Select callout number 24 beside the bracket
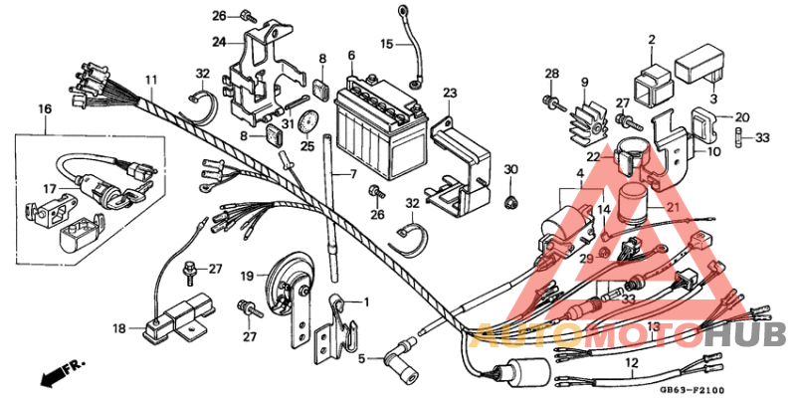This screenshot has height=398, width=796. (x=219, y=41)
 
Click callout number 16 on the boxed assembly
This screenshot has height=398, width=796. (x=45, y=107)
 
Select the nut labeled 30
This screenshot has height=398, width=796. (x=511, y=203)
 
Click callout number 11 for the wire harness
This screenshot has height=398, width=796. (x=150, y=79)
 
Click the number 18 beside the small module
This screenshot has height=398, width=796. (x=119, y=327)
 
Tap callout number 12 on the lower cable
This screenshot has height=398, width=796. (x=629, y=364)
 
